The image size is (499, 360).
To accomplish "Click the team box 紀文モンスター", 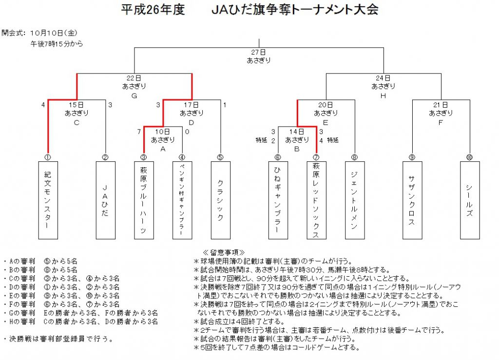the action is tap(48, 200).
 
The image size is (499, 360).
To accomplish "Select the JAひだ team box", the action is tap(106, 200).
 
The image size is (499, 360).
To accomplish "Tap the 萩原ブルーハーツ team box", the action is tap(144, 200).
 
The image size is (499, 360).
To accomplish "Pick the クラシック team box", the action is tap(221, 200).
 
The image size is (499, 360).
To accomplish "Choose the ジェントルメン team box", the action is tap(355, 200).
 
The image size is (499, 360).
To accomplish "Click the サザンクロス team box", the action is tap(412, 200).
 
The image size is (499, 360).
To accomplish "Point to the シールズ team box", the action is tap(470, 200).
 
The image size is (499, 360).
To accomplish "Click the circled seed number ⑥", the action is tap(278, 157).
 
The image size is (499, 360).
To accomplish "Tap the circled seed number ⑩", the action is tap(469, 157).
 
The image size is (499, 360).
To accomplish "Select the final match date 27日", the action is tap(258, 52).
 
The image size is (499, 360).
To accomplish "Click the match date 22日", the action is tap(134, 78).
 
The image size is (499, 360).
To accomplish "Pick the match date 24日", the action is tap(383, 78).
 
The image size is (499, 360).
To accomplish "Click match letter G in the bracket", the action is tap(134, 96).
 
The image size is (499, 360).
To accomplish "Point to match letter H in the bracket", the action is tap(383, 96).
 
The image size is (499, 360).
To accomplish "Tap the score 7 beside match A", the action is tap(139, 132).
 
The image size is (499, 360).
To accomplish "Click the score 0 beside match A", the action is tap(187, 132).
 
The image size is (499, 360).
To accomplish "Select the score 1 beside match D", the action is tap(225, 105).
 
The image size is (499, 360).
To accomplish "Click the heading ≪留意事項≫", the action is tap(224, 252).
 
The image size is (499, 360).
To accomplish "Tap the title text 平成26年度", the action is tap(153, 10).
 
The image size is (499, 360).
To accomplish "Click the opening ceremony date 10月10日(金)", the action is tap(54, 33).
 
